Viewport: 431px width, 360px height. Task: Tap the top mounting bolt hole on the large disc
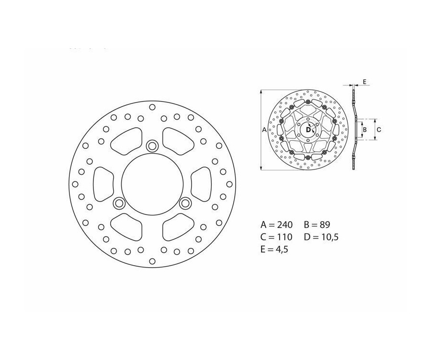point(152,146)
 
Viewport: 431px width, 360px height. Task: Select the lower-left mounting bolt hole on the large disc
point(118,203)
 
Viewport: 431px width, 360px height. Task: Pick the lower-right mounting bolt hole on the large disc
point(185,203)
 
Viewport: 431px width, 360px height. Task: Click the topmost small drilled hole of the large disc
point(152,107)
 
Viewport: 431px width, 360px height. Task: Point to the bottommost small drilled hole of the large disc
point(152,260)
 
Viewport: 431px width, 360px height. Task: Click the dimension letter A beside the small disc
point(265,129)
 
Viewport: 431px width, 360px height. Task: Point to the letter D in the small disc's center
point(307,129)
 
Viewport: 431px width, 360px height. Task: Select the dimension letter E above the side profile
point(364,82)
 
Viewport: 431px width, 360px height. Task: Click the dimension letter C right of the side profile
point(378,129)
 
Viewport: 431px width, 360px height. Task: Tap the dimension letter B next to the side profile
point(364,129)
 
